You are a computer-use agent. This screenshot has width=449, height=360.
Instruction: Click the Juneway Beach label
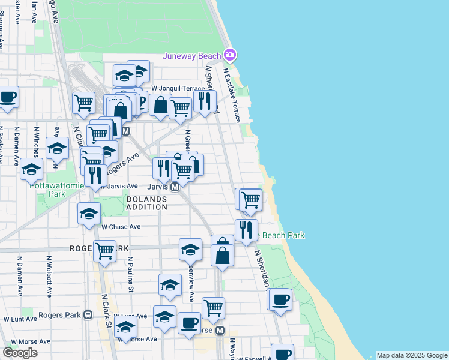(192, 56)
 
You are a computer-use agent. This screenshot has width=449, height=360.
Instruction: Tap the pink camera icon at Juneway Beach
(229, 55)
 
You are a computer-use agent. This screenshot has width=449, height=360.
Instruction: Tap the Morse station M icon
(220, 331)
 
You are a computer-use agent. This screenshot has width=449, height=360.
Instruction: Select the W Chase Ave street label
(121, 227)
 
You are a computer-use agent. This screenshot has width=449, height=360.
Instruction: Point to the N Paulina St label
(130, 275)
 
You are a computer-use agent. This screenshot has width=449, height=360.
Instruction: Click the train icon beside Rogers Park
(88, 314)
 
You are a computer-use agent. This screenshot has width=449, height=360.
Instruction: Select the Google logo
(20, 352)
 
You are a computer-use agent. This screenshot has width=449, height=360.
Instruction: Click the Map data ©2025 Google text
(412, 355)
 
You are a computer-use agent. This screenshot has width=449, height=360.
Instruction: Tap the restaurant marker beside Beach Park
(246, 230)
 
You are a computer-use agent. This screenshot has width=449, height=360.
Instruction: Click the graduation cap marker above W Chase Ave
(89, 213)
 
